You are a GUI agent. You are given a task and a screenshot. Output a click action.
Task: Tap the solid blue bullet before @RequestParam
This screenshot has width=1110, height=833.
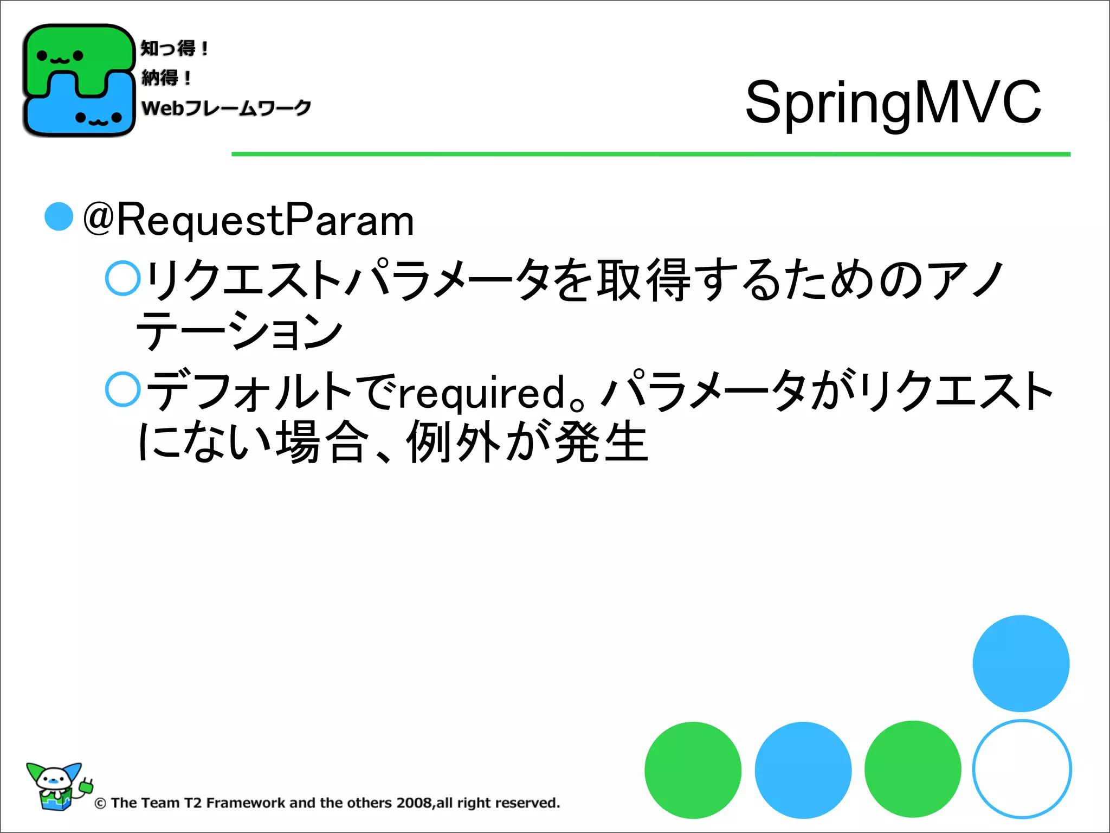pyautogui.click(x=59, y=217)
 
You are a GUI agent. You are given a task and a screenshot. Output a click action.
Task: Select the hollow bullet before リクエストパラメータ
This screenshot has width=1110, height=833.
pyautogui.click(x=123, y=278)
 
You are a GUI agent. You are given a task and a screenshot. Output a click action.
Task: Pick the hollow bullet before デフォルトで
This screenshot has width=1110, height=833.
pyautogui.click(x=123, y=389)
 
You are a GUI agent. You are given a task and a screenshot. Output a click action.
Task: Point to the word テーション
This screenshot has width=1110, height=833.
pyautogui.click(x=238, y=331)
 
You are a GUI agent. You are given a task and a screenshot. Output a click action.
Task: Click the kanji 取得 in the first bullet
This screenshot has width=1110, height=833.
pyautogui.click(x=644, y=280)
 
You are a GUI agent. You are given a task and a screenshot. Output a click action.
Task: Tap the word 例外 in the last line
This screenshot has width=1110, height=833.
pyautogui.click(x=454, y=442)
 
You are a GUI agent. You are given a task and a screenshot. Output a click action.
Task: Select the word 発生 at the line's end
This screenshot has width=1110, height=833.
pyautogui.click(x=602, y=442)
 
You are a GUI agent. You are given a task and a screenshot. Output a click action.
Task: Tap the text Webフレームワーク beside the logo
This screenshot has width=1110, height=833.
pyautogui.click(x=226, y=108)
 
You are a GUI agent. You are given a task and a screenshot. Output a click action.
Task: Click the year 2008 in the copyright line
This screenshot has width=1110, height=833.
pyautogui.click(x=414, y=803)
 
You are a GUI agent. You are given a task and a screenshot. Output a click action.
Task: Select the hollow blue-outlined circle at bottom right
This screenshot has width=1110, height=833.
pyautogui.click(x=1022, y=769)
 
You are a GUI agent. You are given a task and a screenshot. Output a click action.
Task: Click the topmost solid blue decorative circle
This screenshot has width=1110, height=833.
pyautogui.click(x=1021, y=663)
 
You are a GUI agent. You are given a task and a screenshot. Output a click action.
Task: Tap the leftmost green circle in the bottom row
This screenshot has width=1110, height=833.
pyautogui.click(x=693, y=770)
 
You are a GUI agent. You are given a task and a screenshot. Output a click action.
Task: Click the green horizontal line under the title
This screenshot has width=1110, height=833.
pyautogui.click(x=650, y=155)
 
